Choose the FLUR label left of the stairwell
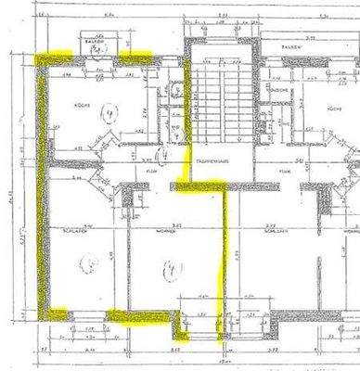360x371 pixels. pyautogui.click(x=150, y=172)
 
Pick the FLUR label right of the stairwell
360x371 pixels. pyautogui.click(x=283, y=172)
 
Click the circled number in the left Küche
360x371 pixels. pyautogui.click(x=109, y=117)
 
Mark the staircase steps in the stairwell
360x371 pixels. pyautogui.click(x=220, y=102)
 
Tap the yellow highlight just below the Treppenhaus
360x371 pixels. pyautogui.click(x=199, y=187)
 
